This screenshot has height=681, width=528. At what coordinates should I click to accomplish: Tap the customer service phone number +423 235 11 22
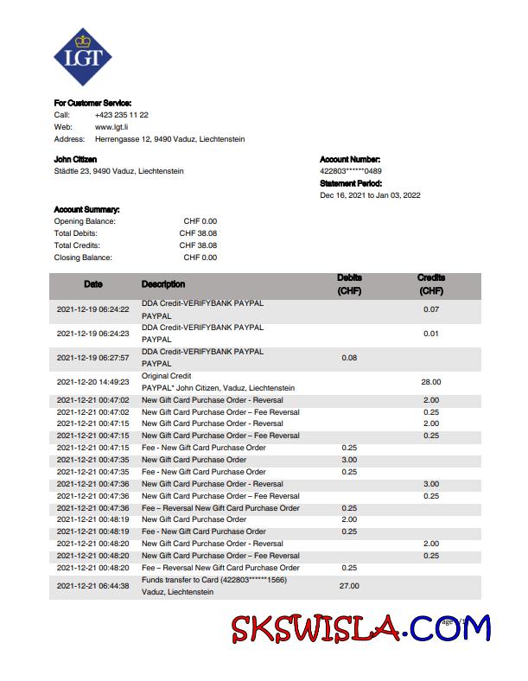click(122, 114)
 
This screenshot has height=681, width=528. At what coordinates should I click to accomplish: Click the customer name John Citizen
click(75, 159)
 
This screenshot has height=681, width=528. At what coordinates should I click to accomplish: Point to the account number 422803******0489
click(351, 171)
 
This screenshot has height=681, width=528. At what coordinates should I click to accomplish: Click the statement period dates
click(370, 195)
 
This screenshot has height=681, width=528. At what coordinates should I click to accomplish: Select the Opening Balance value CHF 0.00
click(198, 221)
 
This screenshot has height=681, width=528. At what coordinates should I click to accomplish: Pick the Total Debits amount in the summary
click(198, 233)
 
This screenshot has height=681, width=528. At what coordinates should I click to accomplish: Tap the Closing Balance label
click(83, 258)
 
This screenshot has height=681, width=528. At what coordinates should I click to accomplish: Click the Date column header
click(92, 284)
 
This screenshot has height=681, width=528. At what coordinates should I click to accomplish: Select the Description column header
click(163, 284)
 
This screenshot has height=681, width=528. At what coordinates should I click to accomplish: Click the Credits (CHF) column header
click(431, 284)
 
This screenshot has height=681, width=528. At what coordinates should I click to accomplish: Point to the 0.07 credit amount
click(431, 309)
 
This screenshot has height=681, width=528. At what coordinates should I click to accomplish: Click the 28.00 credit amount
click(431, 381)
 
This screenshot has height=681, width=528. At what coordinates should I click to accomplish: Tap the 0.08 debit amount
click(349, 357)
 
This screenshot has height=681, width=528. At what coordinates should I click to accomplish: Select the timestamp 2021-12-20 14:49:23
click(92, 381)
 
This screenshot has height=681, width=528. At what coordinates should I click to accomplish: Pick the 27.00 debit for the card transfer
click(349, 586)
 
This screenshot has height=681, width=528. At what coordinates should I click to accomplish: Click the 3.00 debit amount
click(349, 460)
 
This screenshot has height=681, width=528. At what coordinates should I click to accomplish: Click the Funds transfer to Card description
click(213, 580)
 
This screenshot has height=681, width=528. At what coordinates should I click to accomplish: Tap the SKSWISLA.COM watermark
click(359, 628)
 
